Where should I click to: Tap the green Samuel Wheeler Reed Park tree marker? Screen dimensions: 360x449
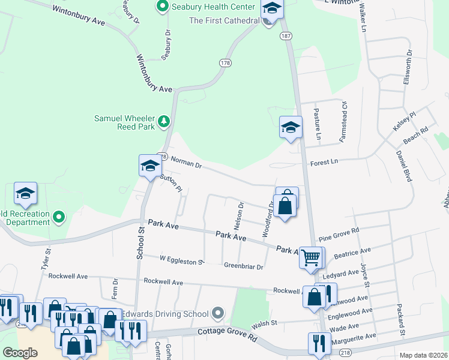click(x=163, y=122)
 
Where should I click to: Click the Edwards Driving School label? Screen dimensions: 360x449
click(x=164, y=314)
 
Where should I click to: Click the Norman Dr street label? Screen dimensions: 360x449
click(x=188, y=161)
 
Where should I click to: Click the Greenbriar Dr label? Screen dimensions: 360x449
click(x=244, y=266)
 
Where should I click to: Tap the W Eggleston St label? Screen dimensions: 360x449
click(x=182, y=259)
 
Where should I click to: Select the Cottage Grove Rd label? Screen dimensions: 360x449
click(x=227, y=334)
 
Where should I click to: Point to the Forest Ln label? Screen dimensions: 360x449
click(x=324, y=161)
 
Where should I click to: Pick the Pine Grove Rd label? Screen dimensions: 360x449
click(x=339, y=233)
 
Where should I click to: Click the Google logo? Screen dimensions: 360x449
click(x=20, y=352)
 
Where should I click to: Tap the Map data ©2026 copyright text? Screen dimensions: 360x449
click(x=423, y=355)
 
